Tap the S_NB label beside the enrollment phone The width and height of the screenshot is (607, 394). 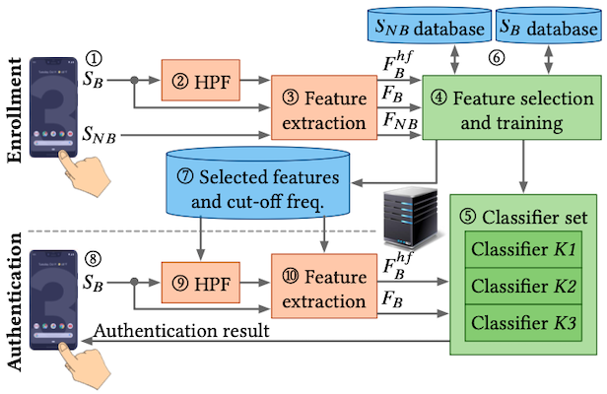[x=101, y=132]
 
